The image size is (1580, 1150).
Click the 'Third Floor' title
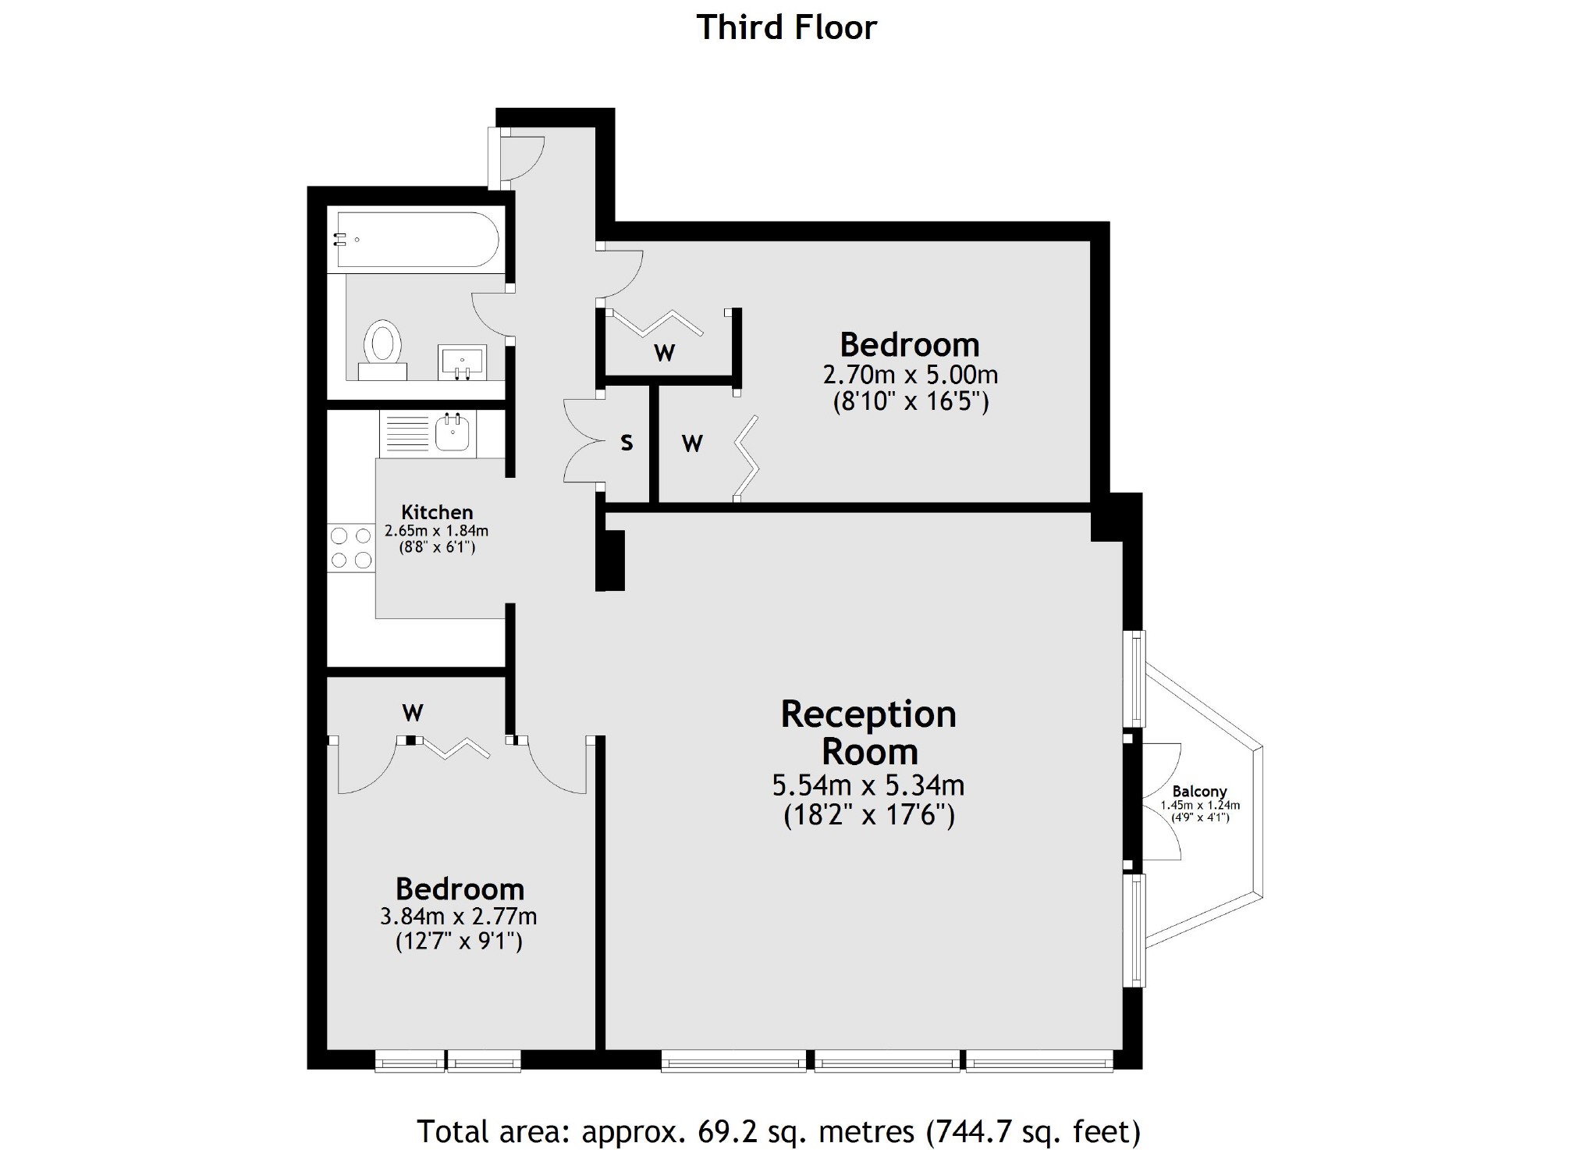786,27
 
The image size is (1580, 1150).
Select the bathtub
414,239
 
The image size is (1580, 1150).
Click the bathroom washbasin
462,362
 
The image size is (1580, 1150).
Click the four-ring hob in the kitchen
351,548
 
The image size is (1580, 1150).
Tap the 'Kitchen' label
437,512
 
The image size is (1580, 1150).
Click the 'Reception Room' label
868,732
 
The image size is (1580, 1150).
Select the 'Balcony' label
1199,792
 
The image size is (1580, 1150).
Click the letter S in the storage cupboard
627,443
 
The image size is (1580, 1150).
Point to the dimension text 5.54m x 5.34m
868,785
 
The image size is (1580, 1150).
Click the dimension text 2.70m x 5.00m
911,375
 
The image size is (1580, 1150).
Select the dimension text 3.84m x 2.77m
459,916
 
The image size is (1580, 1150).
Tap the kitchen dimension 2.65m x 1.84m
437,531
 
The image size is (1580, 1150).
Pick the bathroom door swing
490,314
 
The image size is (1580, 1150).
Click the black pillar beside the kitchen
611,560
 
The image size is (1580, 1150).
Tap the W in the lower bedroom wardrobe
413,713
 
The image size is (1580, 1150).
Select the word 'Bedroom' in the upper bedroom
910,344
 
